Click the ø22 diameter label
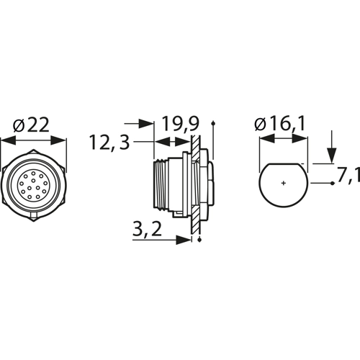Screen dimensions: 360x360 pyautogui.click(x=31, y=125)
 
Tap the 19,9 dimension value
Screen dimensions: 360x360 pyautogui.click(x=181, y=124)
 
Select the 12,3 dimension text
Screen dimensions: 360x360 pyautogui.click(x=109, y=142)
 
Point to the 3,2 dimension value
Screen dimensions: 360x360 pyautogui.click(x=147, y=229)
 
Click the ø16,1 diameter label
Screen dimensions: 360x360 pyautogui.click(x=280, y=124)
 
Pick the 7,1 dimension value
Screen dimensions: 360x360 pyautogui.click(x=348, y=174)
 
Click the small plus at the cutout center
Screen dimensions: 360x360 pyautogui.click(x=284, y=184)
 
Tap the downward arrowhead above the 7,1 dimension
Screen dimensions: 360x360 pyautogui.click(x=332, y=156)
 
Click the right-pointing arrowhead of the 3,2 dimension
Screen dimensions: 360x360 pyautogui.click(x=184, y=240)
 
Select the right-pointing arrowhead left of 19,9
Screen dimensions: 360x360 pyautogui.click(x=146, y=124)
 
